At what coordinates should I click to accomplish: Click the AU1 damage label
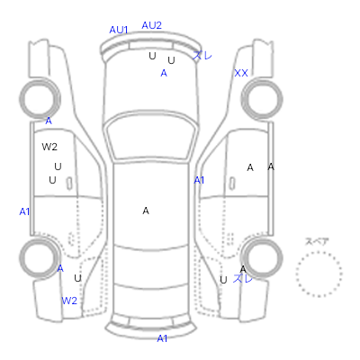[119, 30]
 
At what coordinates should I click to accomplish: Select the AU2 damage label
[151, 25]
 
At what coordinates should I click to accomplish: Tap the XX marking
[241, 73]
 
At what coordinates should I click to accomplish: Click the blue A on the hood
[164, 73]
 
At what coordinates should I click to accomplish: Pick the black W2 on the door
[49, 147]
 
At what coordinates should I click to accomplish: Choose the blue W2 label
[69, 301]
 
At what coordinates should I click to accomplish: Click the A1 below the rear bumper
[162, 338]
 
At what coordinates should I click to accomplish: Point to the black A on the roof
[146, 211]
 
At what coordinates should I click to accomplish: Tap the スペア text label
[317, 241]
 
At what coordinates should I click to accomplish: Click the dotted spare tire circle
[319, 252]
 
